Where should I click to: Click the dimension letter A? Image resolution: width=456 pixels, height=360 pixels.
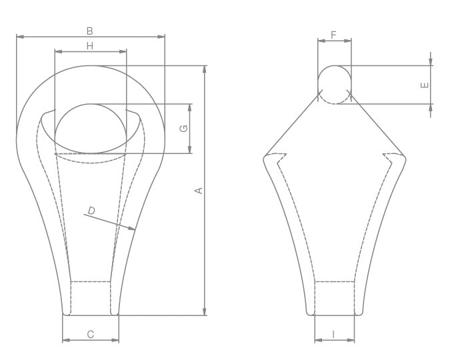pos(197,191)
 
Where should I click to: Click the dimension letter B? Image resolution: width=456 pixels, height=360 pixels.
pos(90,31)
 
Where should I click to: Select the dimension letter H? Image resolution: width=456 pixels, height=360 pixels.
pos(90,45)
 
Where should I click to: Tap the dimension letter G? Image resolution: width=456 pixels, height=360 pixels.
pos(185,128)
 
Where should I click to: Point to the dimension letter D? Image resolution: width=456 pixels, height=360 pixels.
pos(92,211)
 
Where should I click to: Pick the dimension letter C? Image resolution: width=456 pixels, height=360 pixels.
pos(91,335)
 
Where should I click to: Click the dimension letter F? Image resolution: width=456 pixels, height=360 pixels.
pos(334,33)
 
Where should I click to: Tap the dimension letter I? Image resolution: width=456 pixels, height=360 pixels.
pos(334,335)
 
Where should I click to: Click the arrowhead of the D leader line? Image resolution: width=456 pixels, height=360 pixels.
pos(133,229)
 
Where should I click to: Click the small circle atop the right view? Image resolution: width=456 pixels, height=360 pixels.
pos(334,85)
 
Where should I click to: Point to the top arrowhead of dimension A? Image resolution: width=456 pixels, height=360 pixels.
pos(205,68)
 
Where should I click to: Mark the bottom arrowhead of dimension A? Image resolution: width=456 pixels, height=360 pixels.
pos(205,311)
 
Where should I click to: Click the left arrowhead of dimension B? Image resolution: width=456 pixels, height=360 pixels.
pos(19,37)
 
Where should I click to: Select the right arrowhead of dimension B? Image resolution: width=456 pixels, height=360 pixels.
pos(162,37)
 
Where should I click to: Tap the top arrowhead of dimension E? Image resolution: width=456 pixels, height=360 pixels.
pos(431,63)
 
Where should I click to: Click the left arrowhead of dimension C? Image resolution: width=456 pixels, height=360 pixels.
pos(65,341)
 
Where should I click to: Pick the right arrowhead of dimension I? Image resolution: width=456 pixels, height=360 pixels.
pos(352,341)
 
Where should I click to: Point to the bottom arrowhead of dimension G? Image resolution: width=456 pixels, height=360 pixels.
pos(191,151)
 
